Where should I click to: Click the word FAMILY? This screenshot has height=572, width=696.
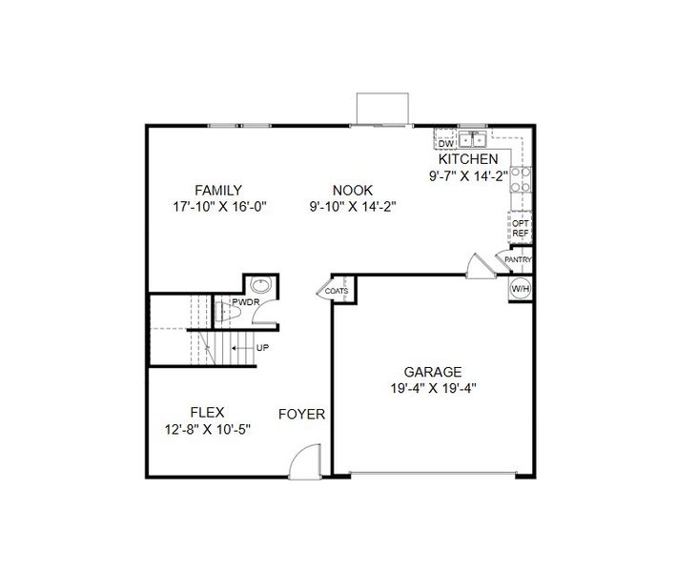(218, 190)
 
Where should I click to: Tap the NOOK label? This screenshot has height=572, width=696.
(353, 190)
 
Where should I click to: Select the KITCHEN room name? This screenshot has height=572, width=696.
(467, 159)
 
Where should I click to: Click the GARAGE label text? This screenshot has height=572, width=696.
(433, 372)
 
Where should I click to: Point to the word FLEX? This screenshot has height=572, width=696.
(207, 413)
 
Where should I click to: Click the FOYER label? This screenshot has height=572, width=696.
(301, 415)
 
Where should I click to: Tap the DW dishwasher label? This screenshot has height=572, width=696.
(445, 143)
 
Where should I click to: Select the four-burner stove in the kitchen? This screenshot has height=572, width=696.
(520, 180)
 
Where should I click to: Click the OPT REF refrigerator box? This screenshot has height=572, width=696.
(521, 228)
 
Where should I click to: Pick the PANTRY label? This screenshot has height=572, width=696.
(518, 259)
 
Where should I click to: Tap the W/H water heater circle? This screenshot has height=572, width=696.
(520, 288)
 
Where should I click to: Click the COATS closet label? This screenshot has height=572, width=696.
(337, 291)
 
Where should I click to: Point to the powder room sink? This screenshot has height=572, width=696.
(260, 285)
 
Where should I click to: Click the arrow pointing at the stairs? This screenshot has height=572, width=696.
(243, 348)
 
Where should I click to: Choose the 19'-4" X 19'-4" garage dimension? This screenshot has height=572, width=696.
(433, 388)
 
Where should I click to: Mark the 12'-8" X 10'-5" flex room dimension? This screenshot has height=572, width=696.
(207, 429)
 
